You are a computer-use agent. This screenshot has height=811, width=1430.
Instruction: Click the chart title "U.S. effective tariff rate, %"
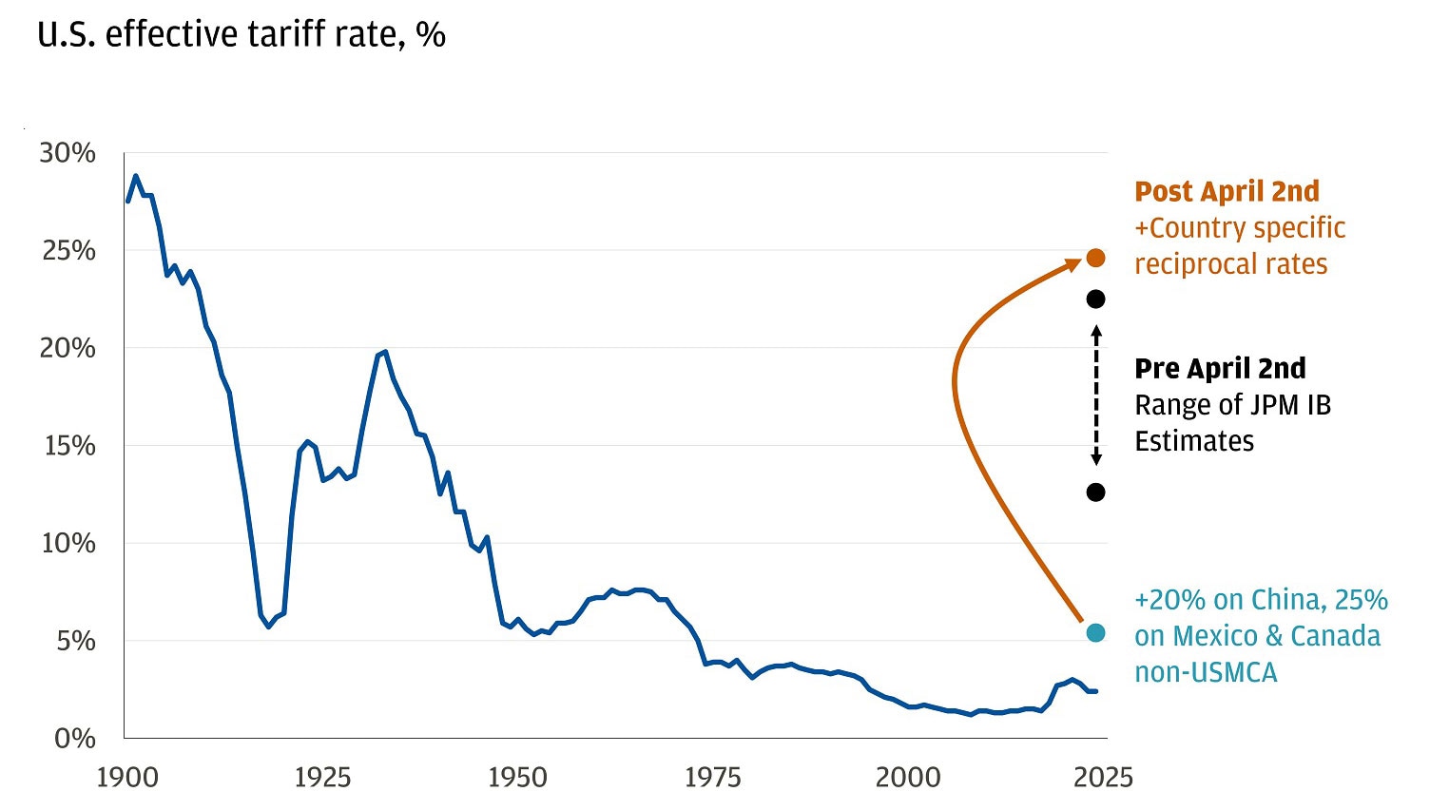pos(242,35)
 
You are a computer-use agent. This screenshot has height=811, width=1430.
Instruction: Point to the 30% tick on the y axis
pos(68,153)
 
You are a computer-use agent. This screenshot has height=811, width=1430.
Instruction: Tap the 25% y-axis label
pos(68,251)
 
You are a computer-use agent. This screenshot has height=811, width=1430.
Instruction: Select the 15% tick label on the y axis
pos(68,446)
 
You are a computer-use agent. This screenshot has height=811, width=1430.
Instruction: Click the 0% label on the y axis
pos(75,739)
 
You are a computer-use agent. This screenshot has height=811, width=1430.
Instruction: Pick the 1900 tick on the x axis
pos(127,778)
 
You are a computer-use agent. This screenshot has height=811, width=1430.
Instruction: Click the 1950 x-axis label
pos(517,778)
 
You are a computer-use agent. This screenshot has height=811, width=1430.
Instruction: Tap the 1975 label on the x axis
pos(712,778)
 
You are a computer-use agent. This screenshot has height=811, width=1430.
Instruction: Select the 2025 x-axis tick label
pos(1103,778)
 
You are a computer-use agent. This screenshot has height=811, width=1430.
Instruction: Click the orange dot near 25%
pos(1095,258)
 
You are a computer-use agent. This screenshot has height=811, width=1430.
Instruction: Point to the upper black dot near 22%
pos(1095,299)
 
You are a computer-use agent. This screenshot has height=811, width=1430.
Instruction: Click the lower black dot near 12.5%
pos(1095,492)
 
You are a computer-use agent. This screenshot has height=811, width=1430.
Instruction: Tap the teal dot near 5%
pos(1095,633)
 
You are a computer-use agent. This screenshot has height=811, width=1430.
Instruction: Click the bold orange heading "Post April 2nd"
pos(1227,191)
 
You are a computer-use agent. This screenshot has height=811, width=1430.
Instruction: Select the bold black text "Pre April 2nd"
pos(1220,369)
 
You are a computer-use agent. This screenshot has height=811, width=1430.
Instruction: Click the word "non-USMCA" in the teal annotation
pos(1206,673)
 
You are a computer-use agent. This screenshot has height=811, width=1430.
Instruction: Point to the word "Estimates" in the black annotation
pos(1194,442)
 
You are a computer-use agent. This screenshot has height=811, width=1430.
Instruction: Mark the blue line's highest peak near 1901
pos(136,176)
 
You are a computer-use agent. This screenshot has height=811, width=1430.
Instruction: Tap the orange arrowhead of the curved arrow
pos(1073,267)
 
